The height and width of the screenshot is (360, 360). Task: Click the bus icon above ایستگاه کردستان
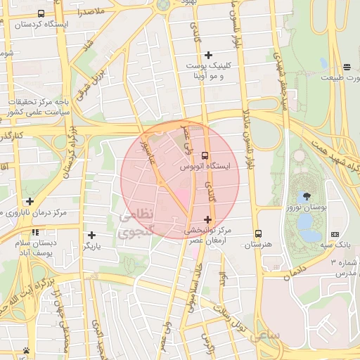(41, 13)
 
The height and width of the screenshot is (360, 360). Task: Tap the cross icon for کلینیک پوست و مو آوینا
(207, 55)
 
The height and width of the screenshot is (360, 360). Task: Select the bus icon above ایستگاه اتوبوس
(205, 155)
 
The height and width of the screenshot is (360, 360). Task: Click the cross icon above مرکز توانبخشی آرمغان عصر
(207, 219)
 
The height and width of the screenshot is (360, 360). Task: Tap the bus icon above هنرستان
(258, 233)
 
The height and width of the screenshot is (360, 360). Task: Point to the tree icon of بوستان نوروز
(307, 196)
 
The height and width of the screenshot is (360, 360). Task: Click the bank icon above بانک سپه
(334, 234)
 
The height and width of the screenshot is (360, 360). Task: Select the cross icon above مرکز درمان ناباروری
(30, 201)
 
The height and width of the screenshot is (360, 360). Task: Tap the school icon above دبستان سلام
(34, 232)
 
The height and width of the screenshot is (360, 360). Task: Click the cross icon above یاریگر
(91, 236)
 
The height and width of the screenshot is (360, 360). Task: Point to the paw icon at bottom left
(26, 350)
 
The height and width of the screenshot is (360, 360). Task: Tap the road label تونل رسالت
(232, 315)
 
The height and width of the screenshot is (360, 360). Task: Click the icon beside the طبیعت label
(347, 67)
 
